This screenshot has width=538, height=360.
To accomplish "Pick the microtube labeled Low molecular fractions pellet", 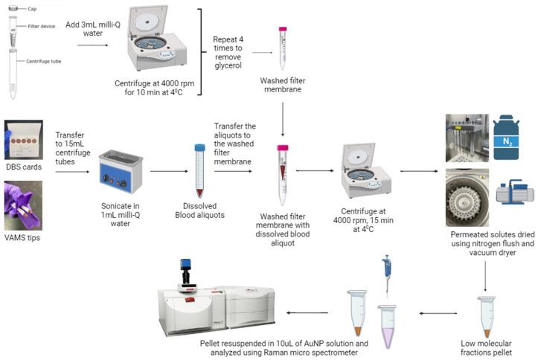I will click(x=487, y=317).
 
